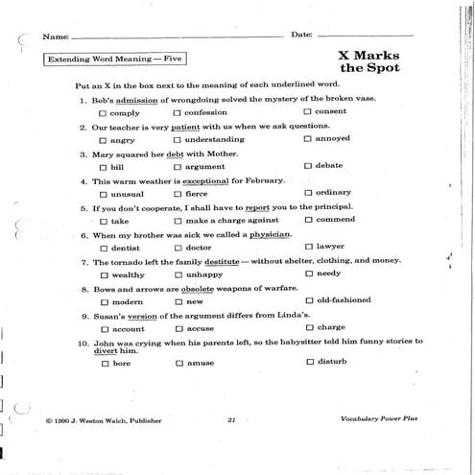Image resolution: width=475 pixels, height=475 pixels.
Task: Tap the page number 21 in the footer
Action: (x=231, y=420)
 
